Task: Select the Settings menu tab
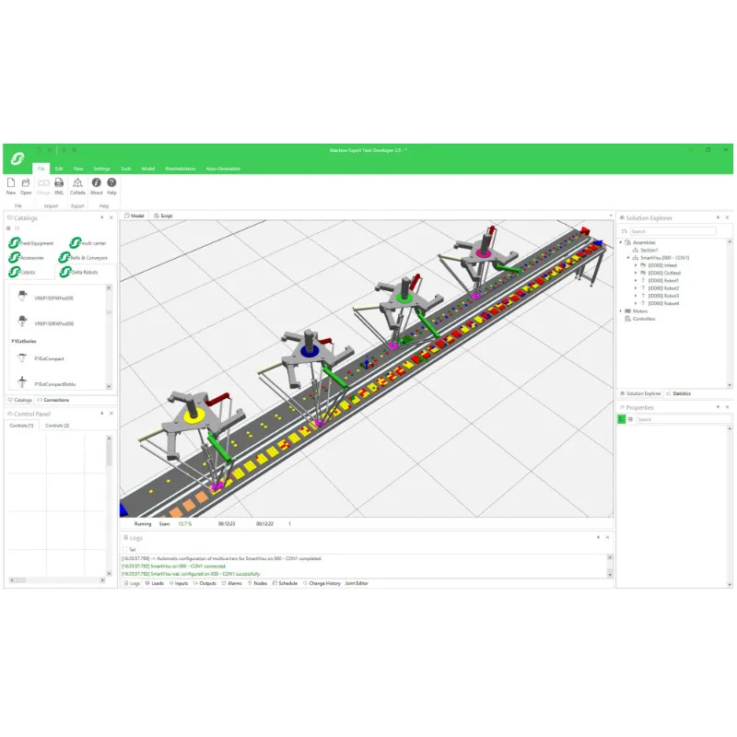coord(101,169)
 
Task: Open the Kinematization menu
coord(181,169)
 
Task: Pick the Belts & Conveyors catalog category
coord(88,258)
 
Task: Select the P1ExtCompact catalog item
coord(48,357)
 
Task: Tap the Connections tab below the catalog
coord(55,400)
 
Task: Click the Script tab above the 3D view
coord(165,216)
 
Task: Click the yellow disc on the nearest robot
coord(194,416)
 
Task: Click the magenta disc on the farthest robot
coord(482,252)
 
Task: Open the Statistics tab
coord(680,393)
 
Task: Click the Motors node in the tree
coord(640,310)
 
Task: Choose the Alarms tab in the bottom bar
coord(234,583)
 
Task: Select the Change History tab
coord(324,583)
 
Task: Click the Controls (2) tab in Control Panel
coord(57,426)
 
